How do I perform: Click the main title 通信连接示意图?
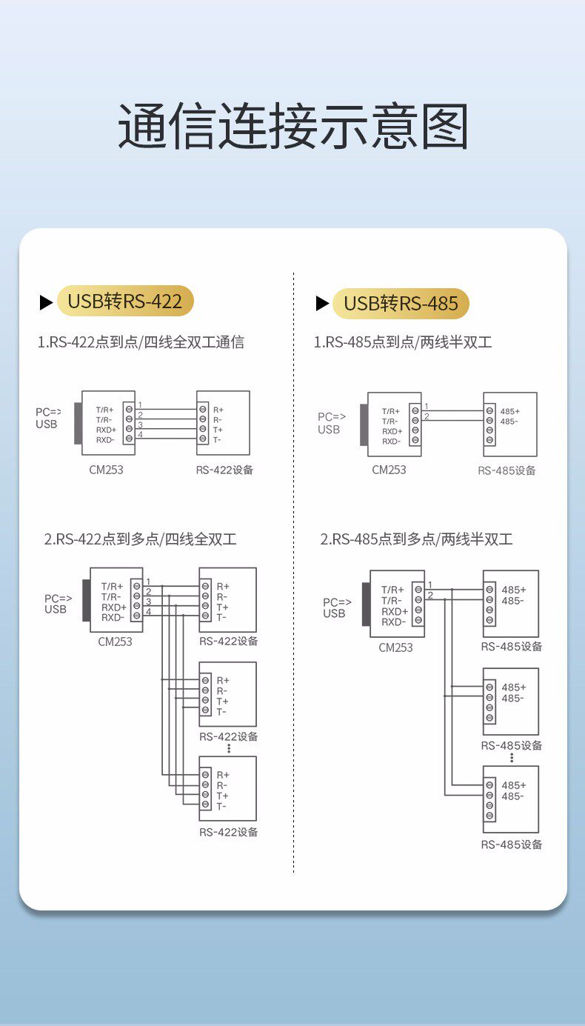coord(292,127)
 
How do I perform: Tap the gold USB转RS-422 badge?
coord(124,302)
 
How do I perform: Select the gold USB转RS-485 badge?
coord(401,303)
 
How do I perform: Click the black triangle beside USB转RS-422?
coord(46,302)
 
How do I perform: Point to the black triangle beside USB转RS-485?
coord(322,303)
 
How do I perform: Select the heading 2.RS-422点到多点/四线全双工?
coord(141,539)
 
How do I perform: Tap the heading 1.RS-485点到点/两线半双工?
coord(403,342)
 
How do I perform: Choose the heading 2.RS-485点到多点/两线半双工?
coord(416,539)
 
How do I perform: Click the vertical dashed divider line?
coord(294,570)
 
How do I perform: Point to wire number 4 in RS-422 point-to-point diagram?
coord(140,435)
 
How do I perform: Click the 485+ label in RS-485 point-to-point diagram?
coord(509,411)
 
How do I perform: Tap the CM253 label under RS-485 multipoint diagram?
coord(395,647)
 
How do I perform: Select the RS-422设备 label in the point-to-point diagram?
coord(224,470)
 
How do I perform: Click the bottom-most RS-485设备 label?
coord(512,845)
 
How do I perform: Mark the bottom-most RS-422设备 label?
coord(229,832)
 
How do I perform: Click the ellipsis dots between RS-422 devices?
coord(229,748)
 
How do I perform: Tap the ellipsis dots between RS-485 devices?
coord(512,758)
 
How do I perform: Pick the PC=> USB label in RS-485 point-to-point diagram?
coord(330,423)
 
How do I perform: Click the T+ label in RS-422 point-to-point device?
coord(218,430)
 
